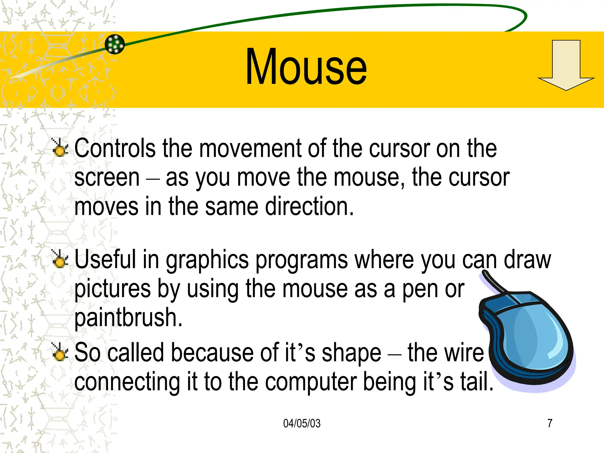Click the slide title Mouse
pyautogui.click(x=306, y=67)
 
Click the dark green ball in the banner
pyautogui.click(x=115, y=44)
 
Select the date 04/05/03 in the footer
pyautogui.click(x=302, y=423)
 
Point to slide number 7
pyautogui.click(x=550, y=423)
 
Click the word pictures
pyautogui.click(x=112, y=289)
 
